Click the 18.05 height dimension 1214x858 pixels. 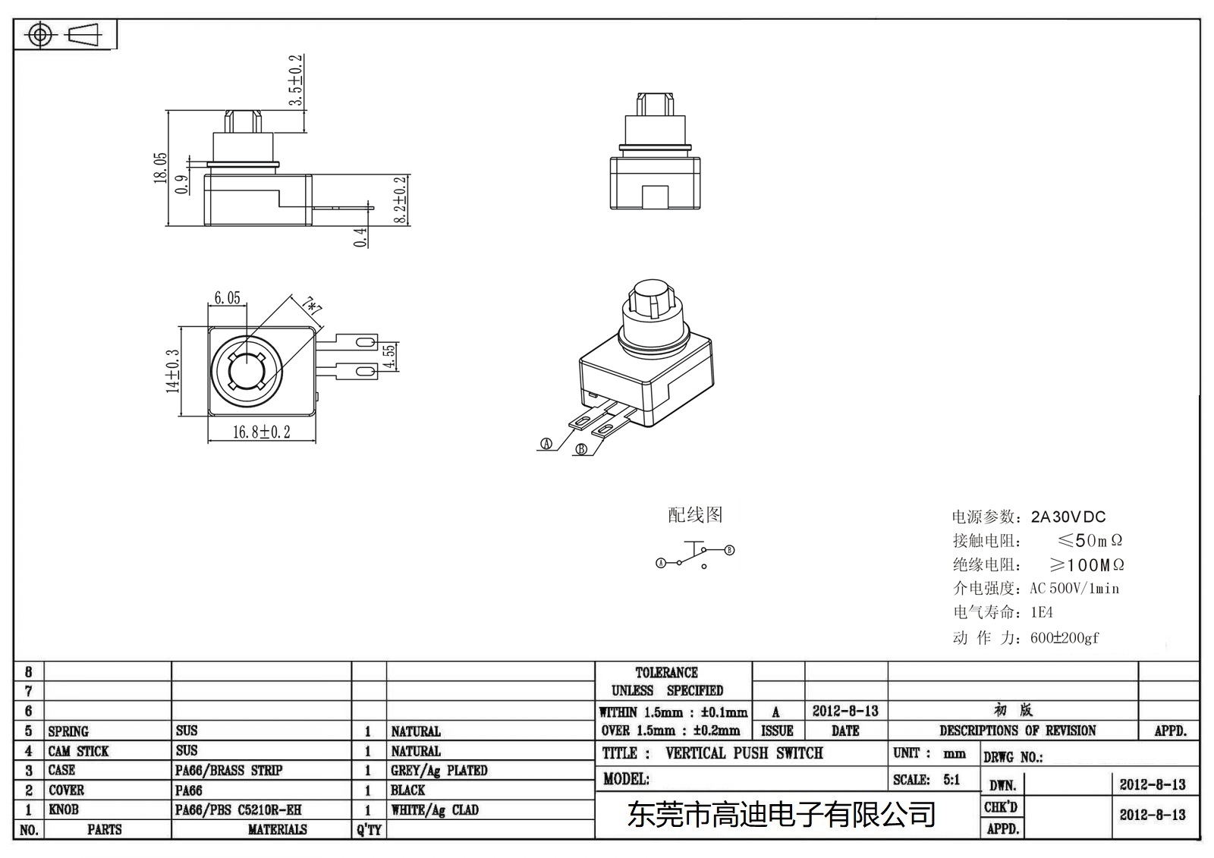(x=160, y=168)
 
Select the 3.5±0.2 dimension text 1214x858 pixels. (x=296, y=80)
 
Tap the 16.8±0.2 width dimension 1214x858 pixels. (x=261, y=432)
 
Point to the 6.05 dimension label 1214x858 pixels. (x=227, y=298)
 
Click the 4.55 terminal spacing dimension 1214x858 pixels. (x=388, y=357)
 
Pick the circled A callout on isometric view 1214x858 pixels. (x=546, y=445)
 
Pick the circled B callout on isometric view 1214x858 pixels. (x=582, y=449)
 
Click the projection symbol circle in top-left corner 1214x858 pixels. (x=39, y=35)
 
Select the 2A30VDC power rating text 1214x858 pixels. (x=1068, y=517)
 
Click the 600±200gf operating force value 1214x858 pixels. (x=1064, y=638)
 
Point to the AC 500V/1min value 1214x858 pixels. (x=1074, y=589)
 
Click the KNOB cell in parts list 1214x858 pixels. (x=64, y=809)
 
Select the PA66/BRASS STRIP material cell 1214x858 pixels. (x=228, y=771)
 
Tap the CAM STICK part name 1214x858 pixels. (x=78, y=751)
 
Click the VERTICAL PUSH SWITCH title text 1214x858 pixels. (x=744, y=753)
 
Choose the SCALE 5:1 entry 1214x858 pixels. (x=926, y=780)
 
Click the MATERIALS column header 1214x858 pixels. (x=277, y=830)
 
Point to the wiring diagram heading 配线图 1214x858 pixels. (x=694, y=515)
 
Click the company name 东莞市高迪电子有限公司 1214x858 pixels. (x=781, y=816)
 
